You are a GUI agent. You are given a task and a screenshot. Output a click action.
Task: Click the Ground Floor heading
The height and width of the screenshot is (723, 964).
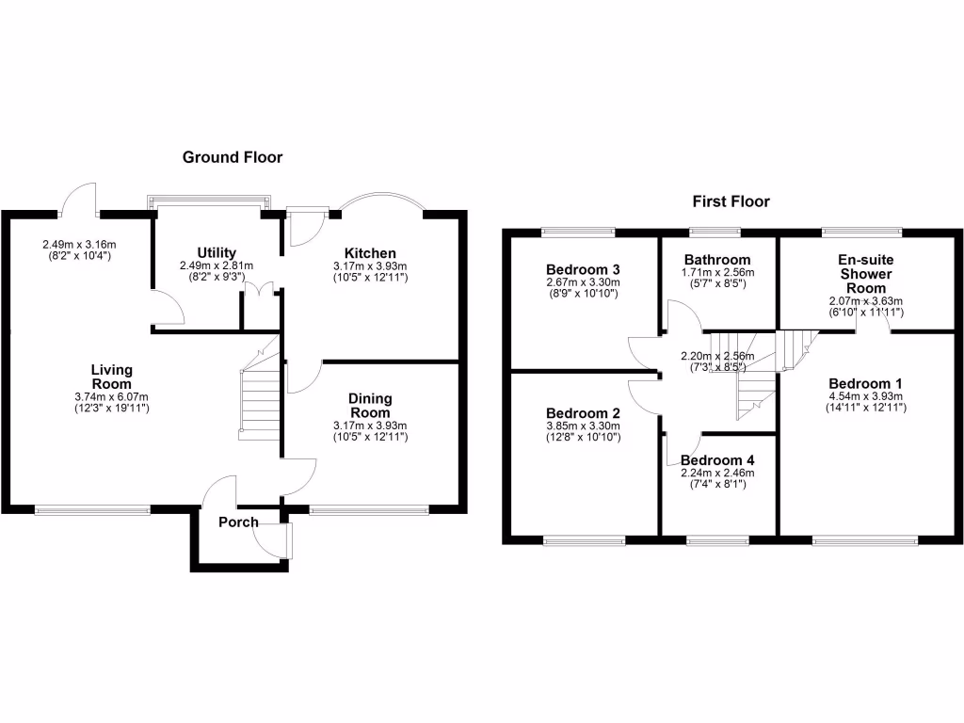[x=232, y=157]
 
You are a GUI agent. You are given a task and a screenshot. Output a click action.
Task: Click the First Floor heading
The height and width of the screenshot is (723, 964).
[x=731, y=201]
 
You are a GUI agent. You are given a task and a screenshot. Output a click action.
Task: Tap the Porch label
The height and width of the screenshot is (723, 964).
[x=238, y=522]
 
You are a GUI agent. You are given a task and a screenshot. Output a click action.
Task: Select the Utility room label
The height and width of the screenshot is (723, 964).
[x=217, y=252]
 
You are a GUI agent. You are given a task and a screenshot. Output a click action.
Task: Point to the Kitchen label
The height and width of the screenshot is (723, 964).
[x=370, y=253]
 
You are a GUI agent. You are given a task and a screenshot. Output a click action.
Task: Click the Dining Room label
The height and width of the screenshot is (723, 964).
[x=370, y=406]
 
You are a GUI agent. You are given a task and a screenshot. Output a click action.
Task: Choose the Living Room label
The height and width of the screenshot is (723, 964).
[x=111, y=377]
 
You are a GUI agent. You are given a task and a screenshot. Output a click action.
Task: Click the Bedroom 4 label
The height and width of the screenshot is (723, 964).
[x=717, y=460]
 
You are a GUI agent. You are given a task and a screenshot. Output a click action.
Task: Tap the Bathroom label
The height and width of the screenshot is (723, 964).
[x=717, y=260]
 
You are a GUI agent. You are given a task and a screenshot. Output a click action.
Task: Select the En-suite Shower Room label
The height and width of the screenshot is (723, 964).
[x=864, y=274]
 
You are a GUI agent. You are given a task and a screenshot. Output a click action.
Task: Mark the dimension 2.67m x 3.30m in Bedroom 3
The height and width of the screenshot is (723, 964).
[x=583, y=282]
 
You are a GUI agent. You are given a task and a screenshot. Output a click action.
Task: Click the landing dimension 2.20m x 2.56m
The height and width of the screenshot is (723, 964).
[x=718, y=357]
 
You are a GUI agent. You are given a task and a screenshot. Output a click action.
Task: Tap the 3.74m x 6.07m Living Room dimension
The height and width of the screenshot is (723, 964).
[x=111, y=396]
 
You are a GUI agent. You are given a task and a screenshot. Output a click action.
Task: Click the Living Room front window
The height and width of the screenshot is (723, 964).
[x=92, y=510]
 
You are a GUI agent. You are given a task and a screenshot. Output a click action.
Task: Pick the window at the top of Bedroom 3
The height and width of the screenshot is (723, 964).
[x=578, y=232]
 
